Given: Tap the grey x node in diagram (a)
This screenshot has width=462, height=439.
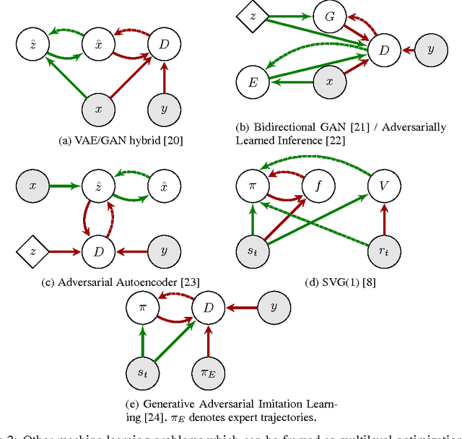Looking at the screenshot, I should (100, 111).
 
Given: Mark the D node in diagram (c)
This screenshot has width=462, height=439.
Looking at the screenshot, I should (100, 252).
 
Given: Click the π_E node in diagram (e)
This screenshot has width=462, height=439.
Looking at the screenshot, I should (209, 374).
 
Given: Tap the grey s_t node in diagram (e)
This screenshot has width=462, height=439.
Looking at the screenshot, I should (142, 374).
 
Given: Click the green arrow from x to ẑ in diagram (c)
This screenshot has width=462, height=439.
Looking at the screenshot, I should (66, 186).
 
